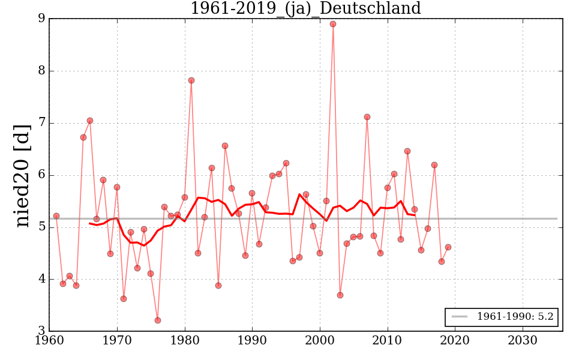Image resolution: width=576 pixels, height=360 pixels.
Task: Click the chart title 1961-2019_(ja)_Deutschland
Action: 305,8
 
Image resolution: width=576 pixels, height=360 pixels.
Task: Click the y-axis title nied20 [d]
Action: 22,175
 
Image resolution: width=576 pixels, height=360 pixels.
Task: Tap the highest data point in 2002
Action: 333,24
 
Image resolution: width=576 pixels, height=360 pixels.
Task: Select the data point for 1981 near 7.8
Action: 191,80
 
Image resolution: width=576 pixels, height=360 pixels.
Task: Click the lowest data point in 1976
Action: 158,320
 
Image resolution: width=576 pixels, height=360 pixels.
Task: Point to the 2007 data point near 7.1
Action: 367,117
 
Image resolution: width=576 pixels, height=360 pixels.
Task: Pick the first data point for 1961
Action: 56,216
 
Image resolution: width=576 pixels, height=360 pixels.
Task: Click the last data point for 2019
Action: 448,247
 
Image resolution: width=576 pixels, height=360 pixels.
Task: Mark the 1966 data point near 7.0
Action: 90,121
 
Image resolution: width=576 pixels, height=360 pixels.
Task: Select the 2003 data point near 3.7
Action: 340,295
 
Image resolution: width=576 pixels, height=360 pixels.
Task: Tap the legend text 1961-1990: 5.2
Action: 515,317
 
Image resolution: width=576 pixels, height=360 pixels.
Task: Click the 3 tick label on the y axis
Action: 41,331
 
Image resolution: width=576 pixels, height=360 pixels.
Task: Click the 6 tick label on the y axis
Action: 41,175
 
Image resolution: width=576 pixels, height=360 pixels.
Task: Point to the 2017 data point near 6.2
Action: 434,165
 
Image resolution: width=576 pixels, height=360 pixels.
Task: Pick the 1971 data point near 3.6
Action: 124,299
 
